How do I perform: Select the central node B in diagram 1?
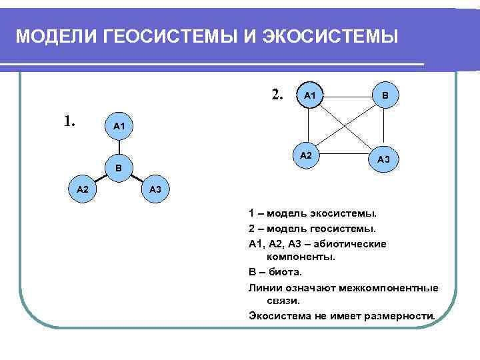(x=118, y=168)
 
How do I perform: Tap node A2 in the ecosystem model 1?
(x=83, y=190)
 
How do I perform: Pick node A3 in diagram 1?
(x=155, y=190)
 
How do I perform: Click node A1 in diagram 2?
(x=310, y=96)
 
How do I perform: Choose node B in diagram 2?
(x=385, y=96)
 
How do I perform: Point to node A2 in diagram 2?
(x=306, y=155)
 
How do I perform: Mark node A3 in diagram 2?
(x=384, y=159)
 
